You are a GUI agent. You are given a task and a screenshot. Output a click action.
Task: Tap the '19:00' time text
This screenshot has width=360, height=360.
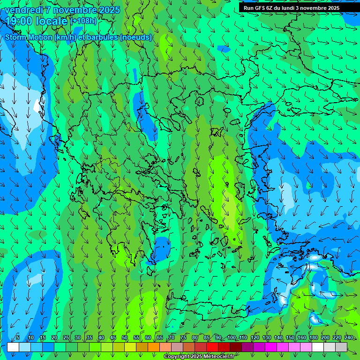click(19, 21)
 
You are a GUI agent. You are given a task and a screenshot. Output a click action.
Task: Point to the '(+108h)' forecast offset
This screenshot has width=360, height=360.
click(84, 21)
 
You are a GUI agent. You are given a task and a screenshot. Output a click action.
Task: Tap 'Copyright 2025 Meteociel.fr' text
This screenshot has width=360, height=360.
click(199, 357)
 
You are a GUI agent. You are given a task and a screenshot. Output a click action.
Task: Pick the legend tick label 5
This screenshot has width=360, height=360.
click(18, 337)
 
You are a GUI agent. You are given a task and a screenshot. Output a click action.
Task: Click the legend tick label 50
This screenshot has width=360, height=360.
click(125, 337)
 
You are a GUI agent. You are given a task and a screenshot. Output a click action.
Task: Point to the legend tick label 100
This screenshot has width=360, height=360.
click(232, 337)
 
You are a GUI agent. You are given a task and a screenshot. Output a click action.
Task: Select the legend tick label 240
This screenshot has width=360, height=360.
click(349, 337)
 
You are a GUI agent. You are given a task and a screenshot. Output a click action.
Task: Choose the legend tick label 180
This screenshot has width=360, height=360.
click(314, 337)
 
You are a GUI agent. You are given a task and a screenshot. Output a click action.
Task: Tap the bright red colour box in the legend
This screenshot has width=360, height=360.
click(212, 347)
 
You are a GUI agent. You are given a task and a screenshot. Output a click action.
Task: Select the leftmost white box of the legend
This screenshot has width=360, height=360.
click(13, 347)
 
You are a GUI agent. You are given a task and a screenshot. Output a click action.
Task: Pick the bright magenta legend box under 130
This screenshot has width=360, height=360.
click(271, 347)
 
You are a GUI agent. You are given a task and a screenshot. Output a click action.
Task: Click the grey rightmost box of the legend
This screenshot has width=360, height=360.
click(341, 347)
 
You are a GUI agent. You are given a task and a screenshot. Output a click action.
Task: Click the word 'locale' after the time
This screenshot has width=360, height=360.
click(52, 21)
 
